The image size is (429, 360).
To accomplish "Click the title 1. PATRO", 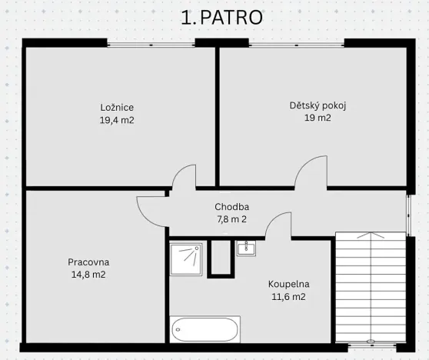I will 221,18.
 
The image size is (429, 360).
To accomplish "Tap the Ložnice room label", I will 117,107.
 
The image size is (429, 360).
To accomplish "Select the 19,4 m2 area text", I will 117,120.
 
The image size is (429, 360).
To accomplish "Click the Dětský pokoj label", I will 318,105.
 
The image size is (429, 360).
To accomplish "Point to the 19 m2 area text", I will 318,118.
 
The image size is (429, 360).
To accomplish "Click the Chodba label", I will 231,206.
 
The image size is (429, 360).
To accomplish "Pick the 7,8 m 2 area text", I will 231,219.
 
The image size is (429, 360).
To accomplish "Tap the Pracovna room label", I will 88,262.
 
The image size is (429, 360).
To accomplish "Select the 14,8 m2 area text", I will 88,275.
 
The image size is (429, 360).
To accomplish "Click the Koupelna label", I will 288,283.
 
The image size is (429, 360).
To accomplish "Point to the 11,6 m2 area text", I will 288,296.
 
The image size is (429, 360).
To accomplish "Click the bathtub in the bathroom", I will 205,329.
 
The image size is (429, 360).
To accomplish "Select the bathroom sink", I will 246,248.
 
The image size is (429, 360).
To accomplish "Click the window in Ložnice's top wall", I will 151,44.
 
